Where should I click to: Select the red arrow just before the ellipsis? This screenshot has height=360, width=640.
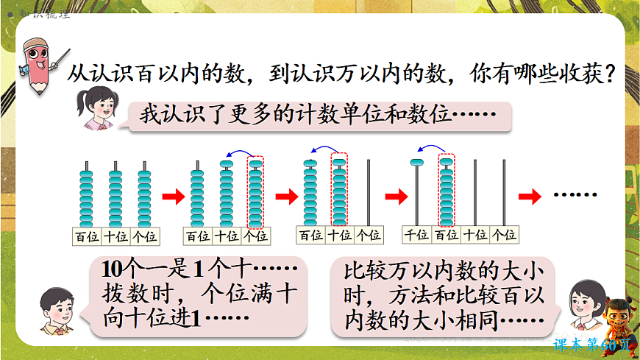pos(530,196)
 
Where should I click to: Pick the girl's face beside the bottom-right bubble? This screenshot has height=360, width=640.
pos(586,303)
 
